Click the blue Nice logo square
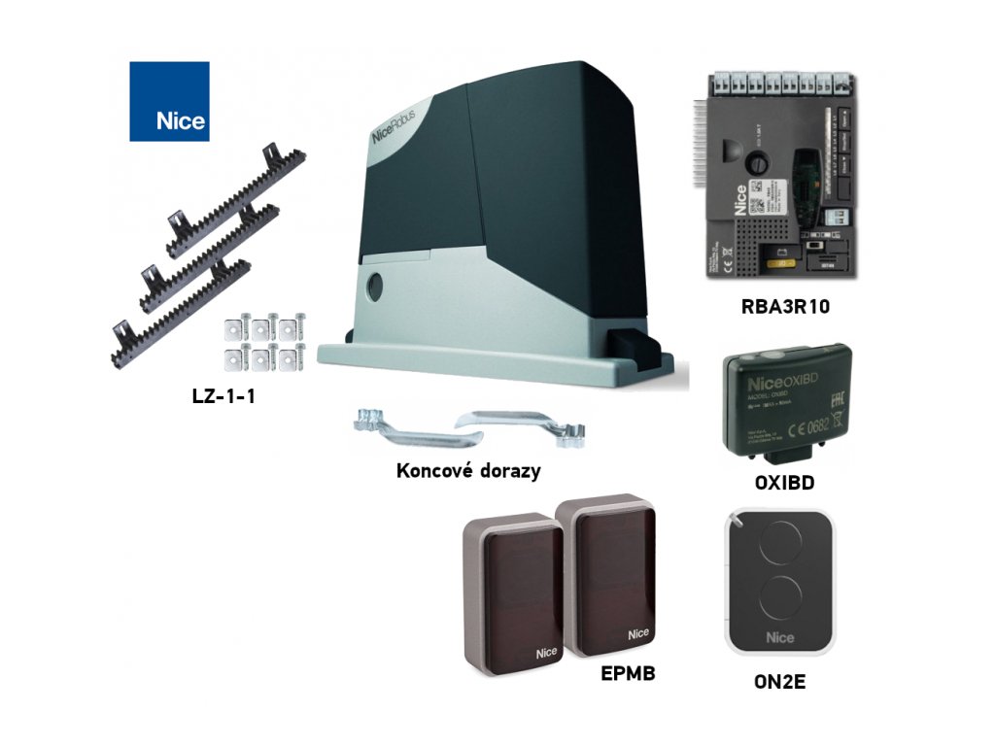coord(169,101)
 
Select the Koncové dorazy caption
coord(468,470)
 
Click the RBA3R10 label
coord(784,308)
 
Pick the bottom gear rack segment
coord(180,311)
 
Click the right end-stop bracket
coord(525,424)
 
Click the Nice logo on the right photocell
coord(638,633)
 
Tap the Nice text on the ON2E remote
coord(779,637)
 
